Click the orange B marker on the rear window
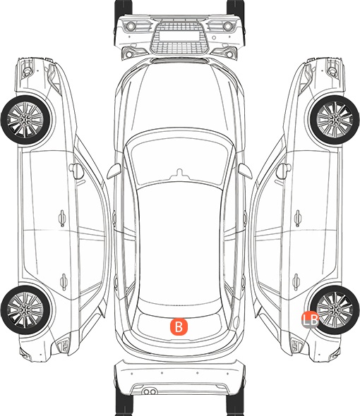tap(179, 326)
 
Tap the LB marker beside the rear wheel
tap(311, 319)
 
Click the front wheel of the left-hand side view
tap(25, 121)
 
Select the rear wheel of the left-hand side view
tap(25, 310)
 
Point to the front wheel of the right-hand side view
tap(335, 120)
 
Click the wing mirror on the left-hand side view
tap(76, 171)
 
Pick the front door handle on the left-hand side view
tap(62, 218)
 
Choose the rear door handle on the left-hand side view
tap(64, 281)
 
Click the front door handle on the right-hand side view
tap(297, 218)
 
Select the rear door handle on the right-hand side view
tap(296, 281)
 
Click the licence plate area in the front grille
tap(179, 35)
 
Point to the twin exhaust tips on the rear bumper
tap(150, 391)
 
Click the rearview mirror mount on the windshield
tap(179, 173)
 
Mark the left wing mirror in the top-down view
tap(114, 171)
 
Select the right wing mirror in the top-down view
tap(245, 171)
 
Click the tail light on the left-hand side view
tap(64, 345)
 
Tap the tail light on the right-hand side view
tap(296, 345)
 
